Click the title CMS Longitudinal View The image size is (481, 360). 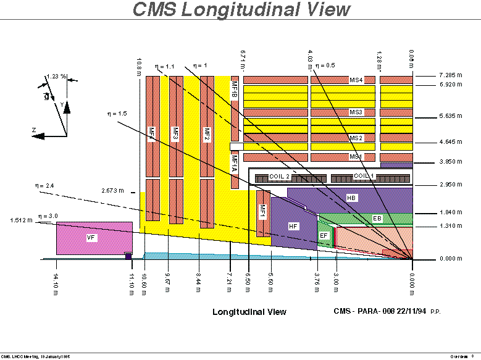pos(241,9)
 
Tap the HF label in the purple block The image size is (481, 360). pos(293,227)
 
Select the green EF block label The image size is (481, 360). pos(324,235)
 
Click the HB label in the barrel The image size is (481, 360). pos(351,198)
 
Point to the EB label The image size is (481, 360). pos(377,219)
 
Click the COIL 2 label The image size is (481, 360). pos(279,177)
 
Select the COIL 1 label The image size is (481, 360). pos(364,176)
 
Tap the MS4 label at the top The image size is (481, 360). pos(356,80)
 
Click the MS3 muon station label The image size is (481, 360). pos(356,112)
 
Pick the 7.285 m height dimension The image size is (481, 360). pos(451,75)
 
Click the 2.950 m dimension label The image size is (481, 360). pos(451,184)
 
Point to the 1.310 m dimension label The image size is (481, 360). pos(451,226)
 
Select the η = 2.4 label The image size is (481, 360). pos(46,185)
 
